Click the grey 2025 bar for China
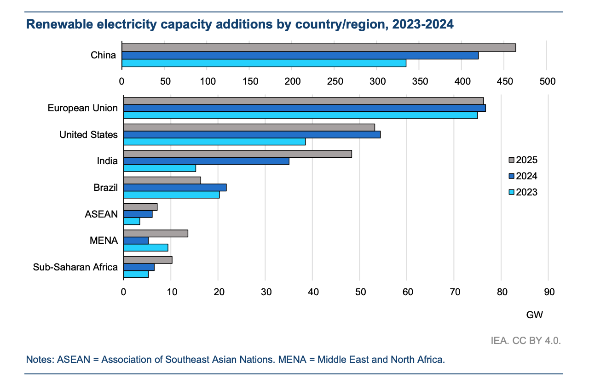(x=318, y=48)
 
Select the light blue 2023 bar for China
(x=264, y=63)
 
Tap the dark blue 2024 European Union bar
(x=304, y=108)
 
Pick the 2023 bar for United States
(x=214, y=142)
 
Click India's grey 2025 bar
(x=237, y=154)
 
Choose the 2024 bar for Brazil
(x=175, y=187)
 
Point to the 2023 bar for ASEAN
(x=132, y=221)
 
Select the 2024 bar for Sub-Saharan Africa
(x=139, y=267)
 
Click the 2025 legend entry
(x=523, y=160)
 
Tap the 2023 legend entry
(x=523, y=192)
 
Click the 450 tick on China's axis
(x=505, y=82)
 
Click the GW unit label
(x=534, y=315)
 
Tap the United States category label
(x=88, y=135)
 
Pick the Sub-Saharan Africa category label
(x=75, y=267)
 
